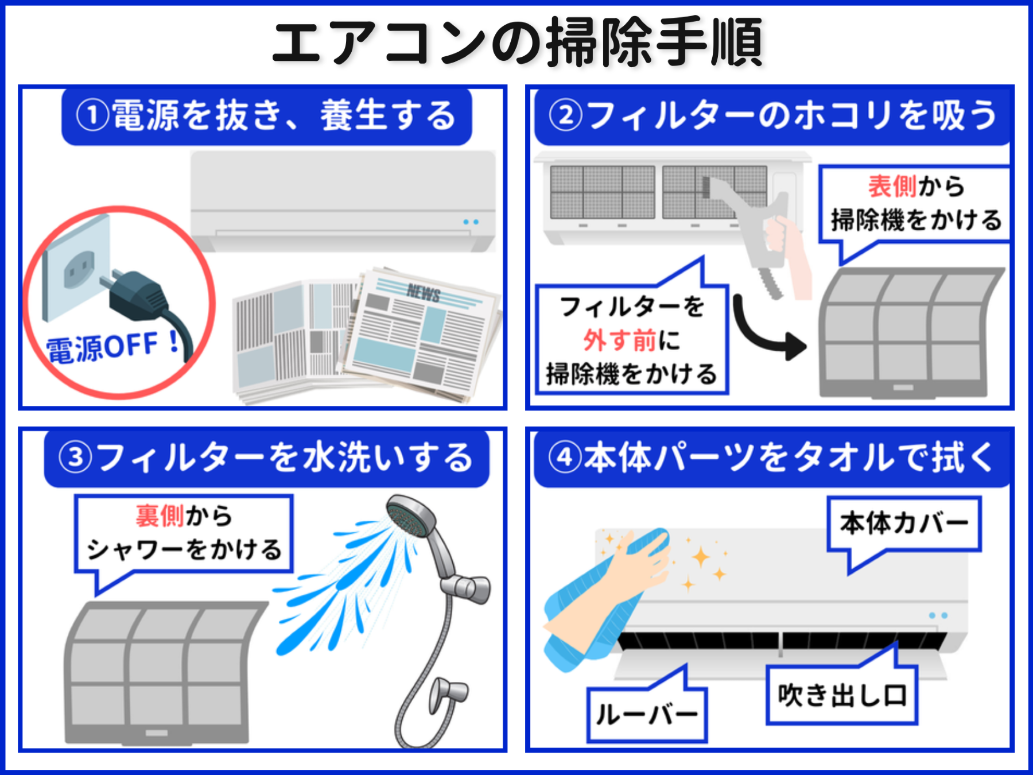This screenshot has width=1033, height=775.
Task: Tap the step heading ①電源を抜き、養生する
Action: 267,115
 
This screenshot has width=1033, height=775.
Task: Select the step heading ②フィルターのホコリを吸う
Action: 772,115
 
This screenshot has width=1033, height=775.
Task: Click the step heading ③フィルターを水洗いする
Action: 267,458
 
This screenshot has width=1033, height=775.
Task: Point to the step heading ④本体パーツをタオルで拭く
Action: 772,458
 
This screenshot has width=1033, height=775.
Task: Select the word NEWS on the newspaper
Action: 423,293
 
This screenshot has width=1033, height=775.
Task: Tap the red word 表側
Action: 891,187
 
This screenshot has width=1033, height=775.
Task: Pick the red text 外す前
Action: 619,340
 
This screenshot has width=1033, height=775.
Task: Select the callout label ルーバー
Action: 647,715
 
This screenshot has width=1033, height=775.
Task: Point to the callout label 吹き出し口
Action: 842,695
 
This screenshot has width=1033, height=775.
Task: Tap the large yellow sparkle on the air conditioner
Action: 701,557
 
